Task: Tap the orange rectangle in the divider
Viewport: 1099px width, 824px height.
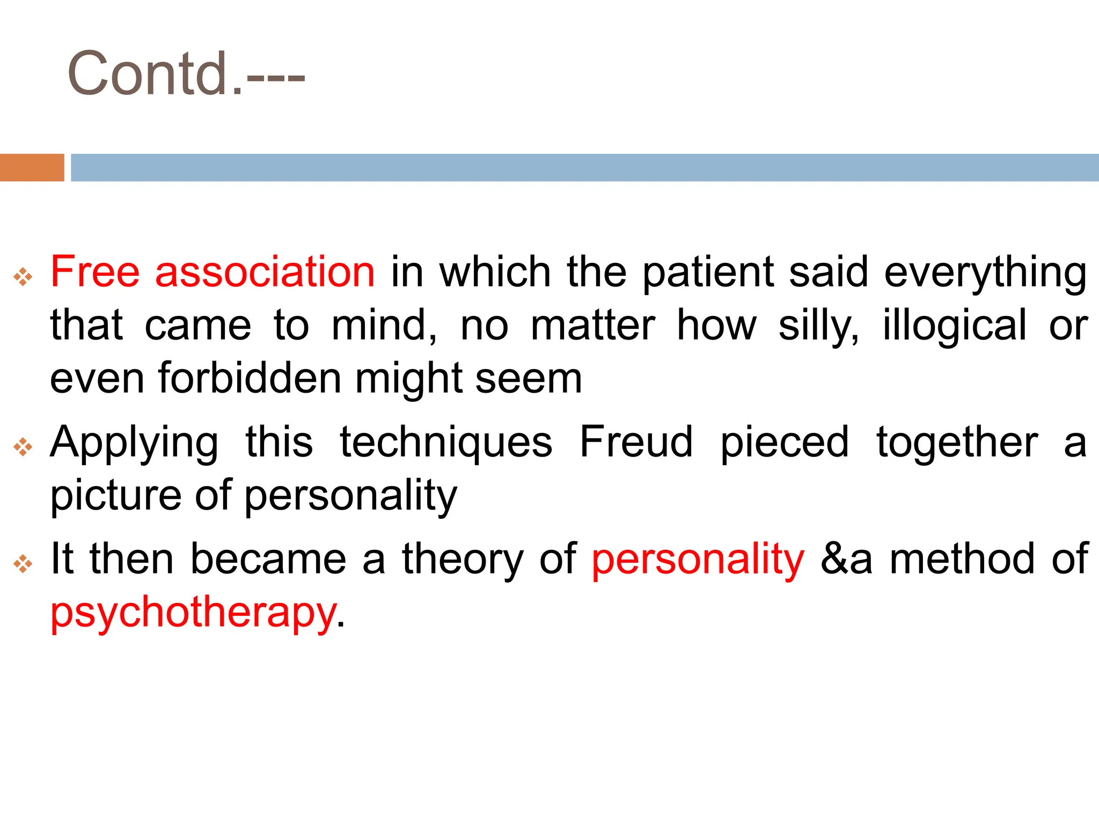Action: click(32, 167)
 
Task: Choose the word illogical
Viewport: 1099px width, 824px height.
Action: click(955, 326)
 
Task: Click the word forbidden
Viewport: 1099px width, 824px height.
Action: click(250, 378)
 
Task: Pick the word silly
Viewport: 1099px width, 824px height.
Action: click(818, 326)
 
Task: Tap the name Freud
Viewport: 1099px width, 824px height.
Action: click(636, 442)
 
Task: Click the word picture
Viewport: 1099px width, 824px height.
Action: click(115, 496)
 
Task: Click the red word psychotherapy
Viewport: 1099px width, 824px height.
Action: click(193, 613)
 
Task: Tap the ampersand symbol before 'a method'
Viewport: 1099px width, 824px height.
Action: click(833, 560)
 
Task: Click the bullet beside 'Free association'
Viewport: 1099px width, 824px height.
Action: click(23, 277)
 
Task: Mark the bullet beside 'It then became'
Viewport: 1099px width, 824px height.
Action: click(23, 564)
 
